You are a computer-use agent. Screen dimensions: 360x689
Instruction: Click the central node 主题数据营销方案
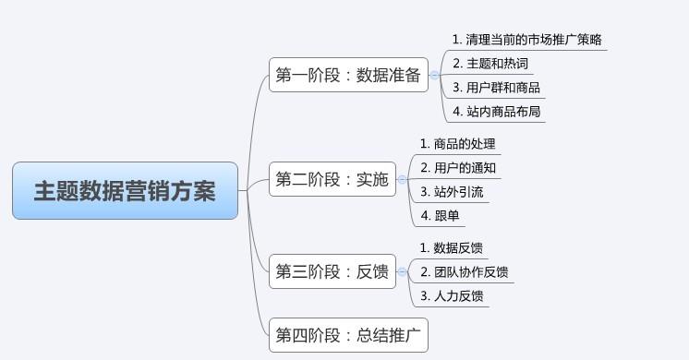pyautogui.click(x=125, y=191)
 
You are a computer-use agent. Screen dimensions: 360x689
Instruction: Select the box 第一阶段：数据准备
pyautogui.click(x=348, y=76)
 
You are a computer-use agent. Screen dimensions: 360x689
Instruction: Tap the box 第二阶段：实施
pyautogui.click(x=332, y=180)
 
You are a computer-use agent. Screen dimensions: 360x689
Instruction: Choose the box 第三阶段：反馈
pyautogui.click(x=332, y=271)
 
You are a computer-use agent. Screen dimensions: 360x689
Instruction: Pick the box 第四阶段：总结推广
pyautogui.click(x=348, y=336)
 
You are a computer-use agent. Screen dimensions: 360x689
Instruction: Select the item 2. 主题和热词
pyautogui.click(x=490, y=64)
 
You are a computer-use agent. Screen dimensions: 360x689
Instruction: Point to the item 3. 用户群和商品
pyautogui.click(x=496, y=89)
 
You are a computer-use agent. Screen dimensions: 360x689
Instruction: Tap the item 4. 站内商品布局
pyautogui.click(x=496, y=113)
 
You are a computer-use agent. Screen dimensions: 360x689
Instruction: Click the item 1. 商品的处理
pyautogui.click(x=458, y=144)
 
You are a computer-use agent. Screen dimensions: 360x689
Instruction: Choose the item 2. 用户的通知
pyautogui.click(x=458, y=168)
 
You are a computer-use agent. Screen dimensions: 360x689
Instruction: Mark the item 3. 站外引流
pyautogui.click(x=452, y=193)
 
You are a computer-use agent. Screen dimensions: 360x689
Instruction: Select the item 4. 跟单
pyautogui.click(x=439, y=217)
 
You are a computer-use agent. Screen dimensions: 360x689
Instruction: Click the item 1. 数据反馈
pyautogui.click(x=452, y=248)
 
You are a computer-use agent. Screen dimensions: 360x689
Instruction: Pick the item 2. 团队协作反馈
pyautogui.click(x=464, y=272)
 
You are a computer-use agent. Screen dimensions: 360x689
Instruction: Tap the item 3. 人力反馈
pyautogui.click(x=452, y=296)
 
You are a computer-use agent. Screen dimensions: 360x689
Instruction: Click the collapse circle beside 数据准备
pyautogui.click(x=435, y=76)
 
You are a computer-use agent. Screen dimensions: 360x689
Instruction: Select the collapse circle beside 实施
pyautogui.click(x=402, y=180)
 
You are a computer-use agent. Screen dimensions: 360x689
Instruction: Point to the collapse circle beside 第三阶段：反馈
pyautogui.click(x=402, y=271)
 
